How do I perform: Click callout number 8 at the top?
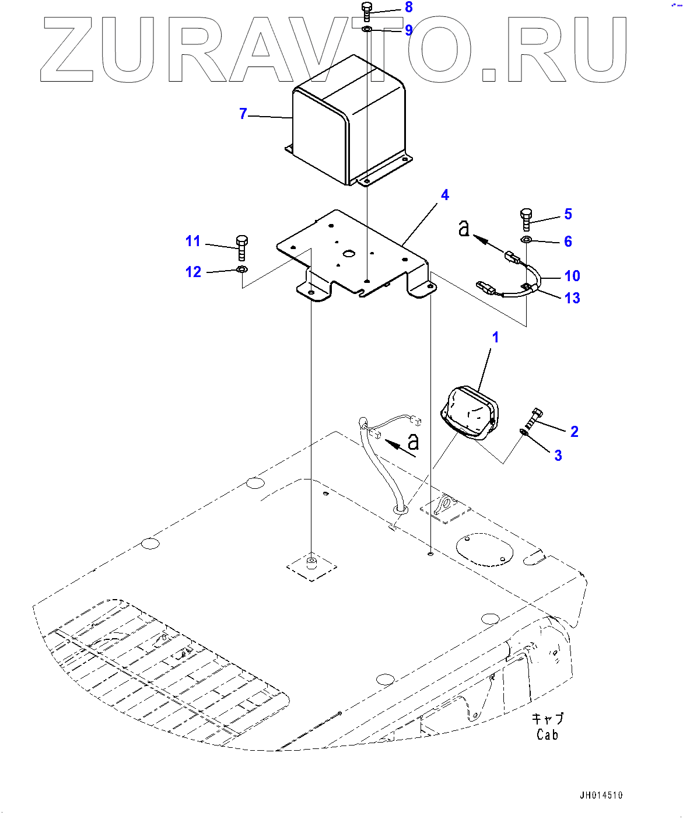[408, 8]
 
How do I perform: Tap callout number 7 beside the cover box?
[243, 114]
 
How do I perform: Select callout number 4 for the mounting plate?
[444, 195]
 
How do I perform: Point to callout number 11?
[193, 241]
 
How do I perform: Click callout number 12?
[193, 272]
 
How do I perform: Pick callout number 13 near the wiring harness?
[572, 298]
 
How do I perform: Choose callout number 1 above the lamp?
[495, 337]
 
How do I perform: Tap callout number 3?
[558, 456]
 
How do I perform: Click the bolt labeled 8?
[367, 12]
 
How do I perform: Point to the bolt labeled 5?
[526, 219]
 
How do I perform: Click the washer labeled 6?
[526, 240]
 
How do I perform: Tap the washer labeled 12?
[242, 269]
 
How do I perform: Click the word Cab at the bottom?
[547, 735]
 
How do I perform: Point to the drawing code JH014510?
[601, 795]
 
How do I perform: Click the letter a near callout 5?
[464, 228]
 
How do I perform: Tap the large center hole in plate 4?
[349, 254]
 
